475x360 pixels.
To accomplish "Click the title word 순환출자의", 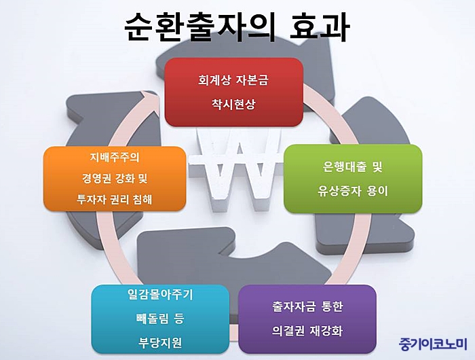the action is coord(200,26).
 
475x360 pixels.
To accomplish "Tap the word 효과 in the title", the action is coord(320,26).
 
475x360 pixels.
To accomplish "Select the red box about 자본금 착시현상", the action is coord(233,92).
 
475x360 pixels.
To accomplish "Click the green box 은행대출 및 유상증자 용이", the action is coord(353,179).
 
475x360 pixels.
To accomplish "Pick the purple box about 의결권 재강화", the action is coord(307,319).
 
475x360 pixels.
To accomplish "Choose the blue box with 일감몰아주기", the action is coord(160,319).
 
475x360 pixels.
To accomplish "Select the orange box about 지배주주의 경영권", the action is coord(115,179).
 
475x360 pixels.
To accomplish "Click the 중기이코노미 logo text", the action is coord(433,344).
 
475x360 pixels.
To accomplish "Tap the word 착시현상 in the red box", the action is coord(233,105).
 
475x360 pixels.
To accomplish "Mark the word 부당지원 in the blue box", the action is coord(160,343).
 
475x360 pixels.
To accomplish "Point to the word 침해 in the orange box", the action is coord(142,199).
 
